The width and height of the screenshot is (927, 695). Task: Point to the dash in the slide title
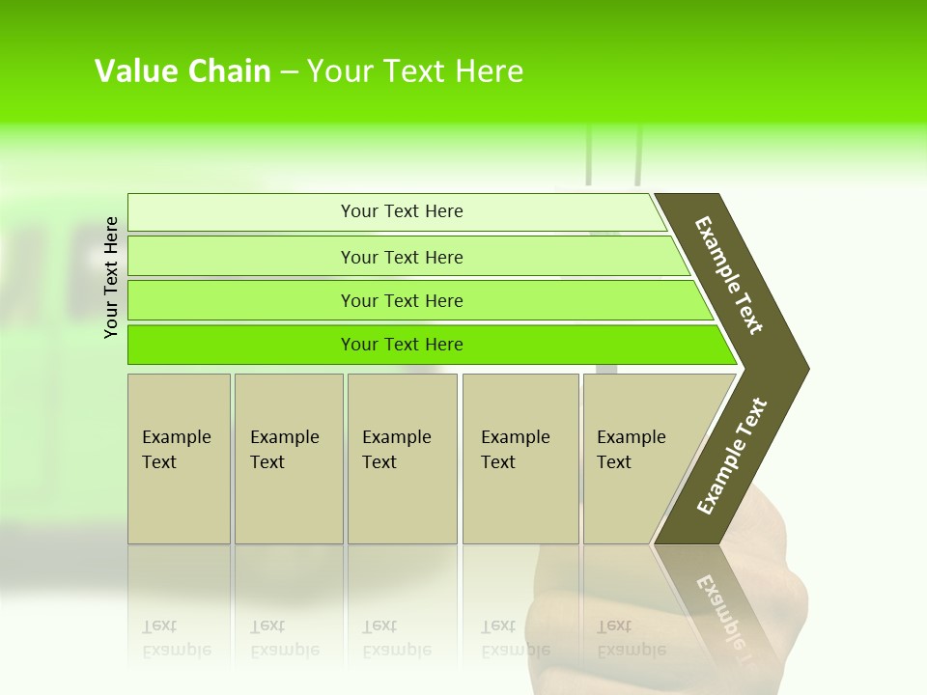(x=289, y=72)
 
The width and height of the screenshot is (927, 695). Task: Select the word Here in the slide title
(x=489, y=71)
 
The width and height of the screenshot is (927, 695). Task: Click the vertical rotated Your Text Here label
(x=111, y=277)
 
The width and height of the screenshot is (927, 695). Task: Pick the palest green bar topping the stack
(x=396, y=211)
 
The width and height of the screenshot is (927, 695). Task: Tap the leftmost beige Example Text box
(x=179, y=459)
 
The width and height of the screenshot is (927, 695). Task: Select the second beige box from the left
(x=289, y=459)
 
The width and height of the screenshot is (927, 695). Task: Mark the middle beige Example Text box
(x=402, y=459)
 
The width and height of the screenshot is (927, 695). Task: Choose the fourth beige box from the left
(x=520, y=459)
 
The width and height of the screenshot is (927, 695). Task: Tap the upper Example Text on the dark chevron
(x=729, y=275)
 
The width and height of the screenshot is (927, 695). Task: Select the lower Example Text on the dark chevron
(x=731, y=457)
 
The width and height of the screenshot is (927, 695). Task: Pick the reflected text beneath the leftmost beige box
(x=176, y=639)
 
